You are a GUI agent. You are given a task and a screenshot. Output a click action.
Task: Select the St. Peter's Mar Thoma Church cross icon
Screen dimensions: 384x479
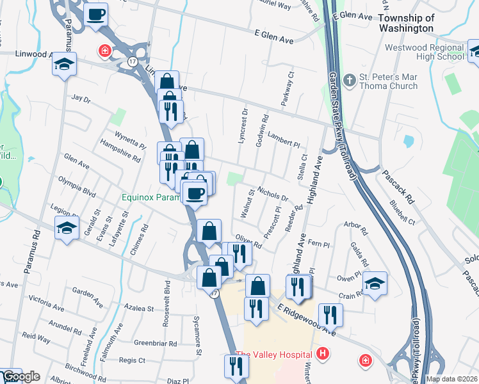tap(349, 80)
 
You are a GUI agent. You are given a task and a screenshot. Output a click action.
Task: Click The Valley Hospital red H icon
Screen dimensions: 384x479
tap(323, 353)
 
